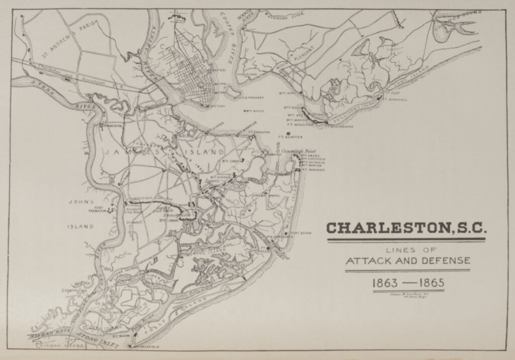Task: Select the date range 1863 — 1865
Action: [407, 282]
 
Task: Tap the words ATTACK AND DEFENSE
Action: [407, 260]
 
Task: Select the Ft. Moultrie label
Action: [297, 125]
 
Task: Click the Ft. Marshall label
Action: [395, 99]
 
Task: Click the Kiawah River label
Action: [48, 333]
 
